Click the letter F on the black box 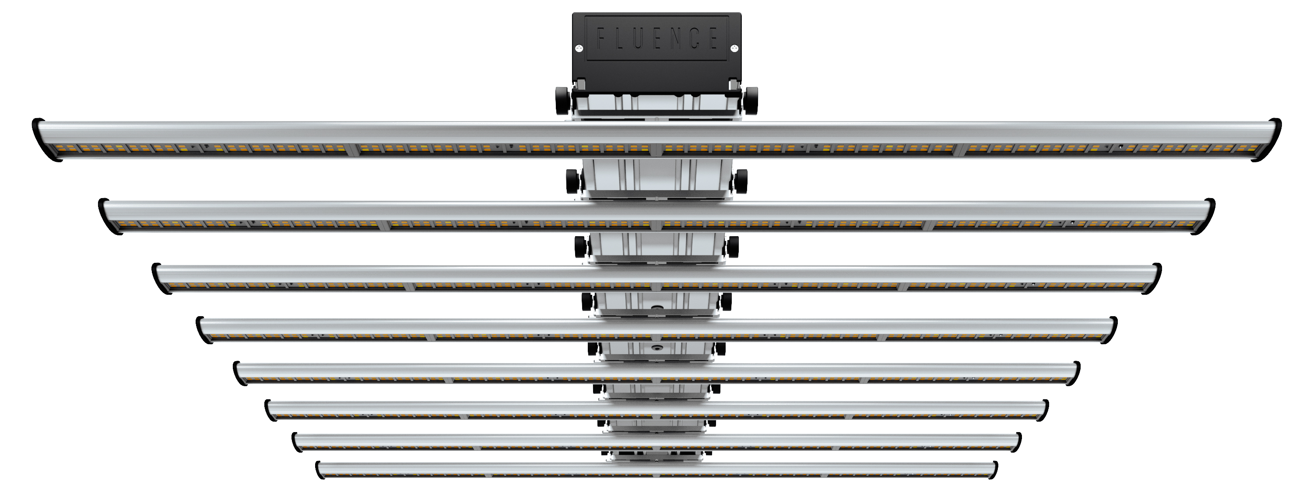point(601,38)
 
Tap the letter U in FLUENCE point(638,38)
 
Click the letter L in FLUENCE point(619,38)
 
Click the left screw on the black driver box point(579,49)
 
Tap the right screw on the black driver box point(734,49)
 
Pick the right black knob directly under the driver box point(750,100)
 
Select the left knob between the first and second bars point(573,181)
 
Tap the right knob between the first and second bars point(741,181)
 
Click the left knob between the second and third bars point(580,247)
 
